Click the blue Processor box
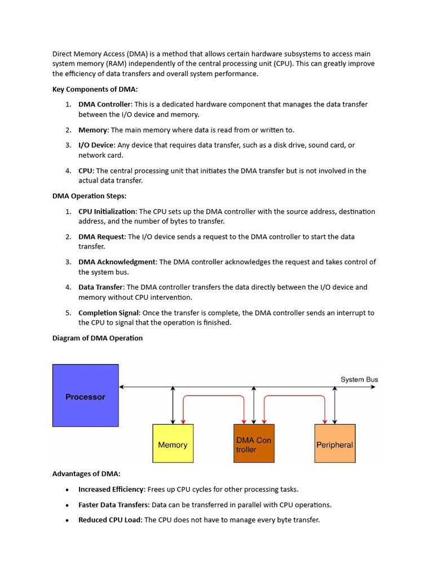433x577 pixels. pyautogui.click(x=85, y=396)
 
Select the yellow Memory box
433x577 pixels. pyautogui.click(x=173, y=444)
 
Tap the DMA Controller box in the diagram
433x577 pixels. pyautogui.click(x=254, y=444)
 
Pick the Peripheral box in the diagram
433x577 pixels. pyautogui.click(x=334, y=444)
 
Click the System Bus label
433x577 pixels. pyautogui.click(x=359, y=380)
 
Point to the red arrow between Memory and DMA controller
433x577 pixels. pyautogui.click(x=213, y=396)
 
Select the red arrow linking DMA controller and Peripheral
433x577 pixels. pyautogui.click(x=294, y=396)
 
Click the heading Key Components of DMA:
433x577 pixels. pyautogui.click(x=95, y=89)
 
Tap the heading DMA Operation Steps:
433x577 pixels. pyautogui.click(x=89, y=196)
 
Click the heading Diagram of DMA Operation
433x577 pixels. pyautogui.click(x=98, y=338)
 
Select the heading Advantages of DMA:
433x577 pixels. pyautogui.click(x=86, y=474)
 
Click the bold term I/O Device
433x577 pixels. pyautogui.click(x=96, y=145)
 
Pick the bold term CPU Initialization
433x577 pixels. pyautogui.click(x=107, y=212)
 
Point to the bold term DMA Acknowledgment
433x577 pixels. pyautogui.click(x=117, y=262)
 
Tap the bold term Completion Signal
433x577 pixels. pyautogui.click(x=109, y=313)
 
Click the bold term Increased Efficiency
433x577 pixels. pyautogui.click(x=111, y=490)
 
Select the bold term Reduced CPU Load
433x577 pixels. pyautogui.click(x=109, y=520)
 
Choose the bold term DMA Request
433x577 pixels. pyautogui.click(x=101, y=237)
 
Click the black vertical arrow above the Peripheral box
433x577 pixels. pyautogui.click(x=335, y=405)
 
